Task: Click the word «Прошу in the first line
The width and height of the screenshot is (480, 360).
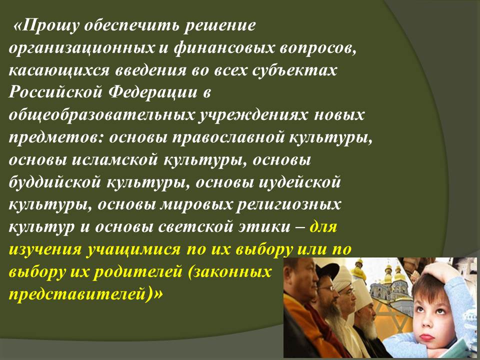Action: pyautogui.click(x=46, y=25)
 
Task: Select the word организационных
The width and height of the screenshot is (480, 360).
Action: pyautogui.click(x=82, y=48)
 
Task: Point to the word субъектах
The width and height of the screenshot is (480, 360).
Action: pyautogui.click(x=295, y=70)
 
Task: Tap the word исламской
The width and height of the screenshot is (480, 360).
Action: pyautogui.click(x=115, y=160)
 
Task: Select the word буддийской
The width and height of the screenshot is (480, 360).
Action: pyautogui.click(x=55, y=182)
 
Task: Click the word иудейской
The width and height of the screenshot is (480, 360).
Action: pyautogui.click(x=299, y=182)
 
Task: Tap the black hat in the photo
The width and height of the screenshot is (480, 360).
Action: pyautogui.click(x=327, y=271)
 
